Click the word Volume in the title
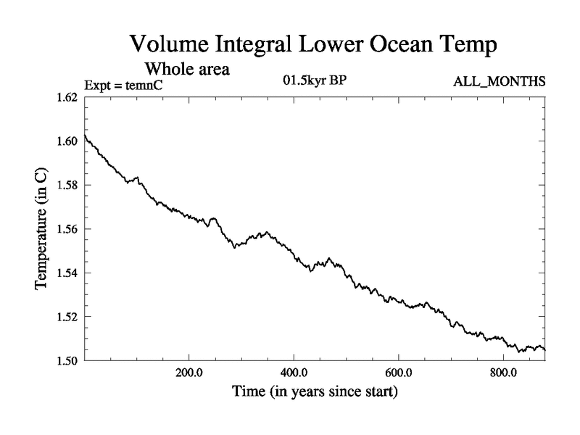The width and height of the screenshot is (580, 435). [169, 44]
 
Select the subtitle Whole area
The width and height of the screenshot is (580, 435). [188, 70]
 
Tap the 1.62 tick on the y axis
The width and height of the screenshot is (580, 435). [67, 97]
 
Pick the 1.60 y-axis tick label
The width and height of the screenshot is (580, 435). [67, 141]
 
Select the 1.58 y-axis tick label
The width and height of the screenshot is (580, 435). [67, 185]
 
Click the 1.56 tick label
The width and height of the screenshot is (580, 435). [67, 229]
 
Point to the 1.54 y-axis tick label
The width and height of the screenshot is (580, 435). [67, 273]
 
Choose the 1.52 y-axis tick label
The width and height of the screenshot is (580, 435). [67, 317]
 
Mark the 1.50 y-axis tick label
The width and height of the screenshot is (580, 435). [67, 360]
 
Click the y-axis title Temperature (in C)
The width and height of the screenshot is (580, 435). [42, 229]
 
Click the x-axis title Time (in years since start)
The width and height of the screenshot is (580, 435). [315, 394]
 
